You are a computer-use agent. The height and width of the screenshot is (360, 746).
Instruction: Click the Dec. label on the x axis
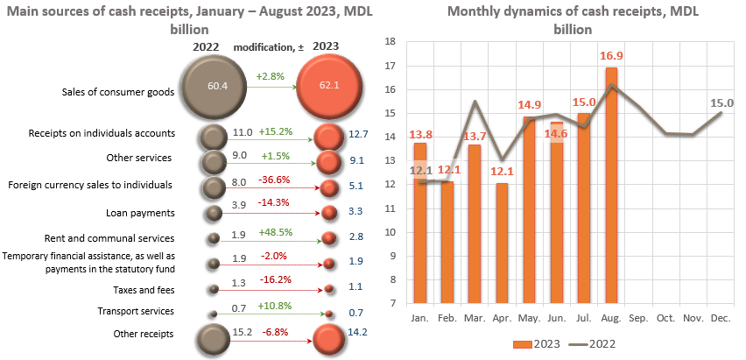pos(721,316)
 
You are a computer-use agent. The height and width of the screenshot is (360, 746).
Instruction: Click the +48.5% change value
pos(274,233)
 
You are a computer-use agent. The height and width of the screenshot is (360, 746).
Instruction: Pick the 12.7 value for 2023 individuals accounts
pos(355,134)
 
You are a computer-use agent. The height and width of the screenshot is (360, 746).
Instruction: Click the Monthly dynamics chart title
pos(562,20)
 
